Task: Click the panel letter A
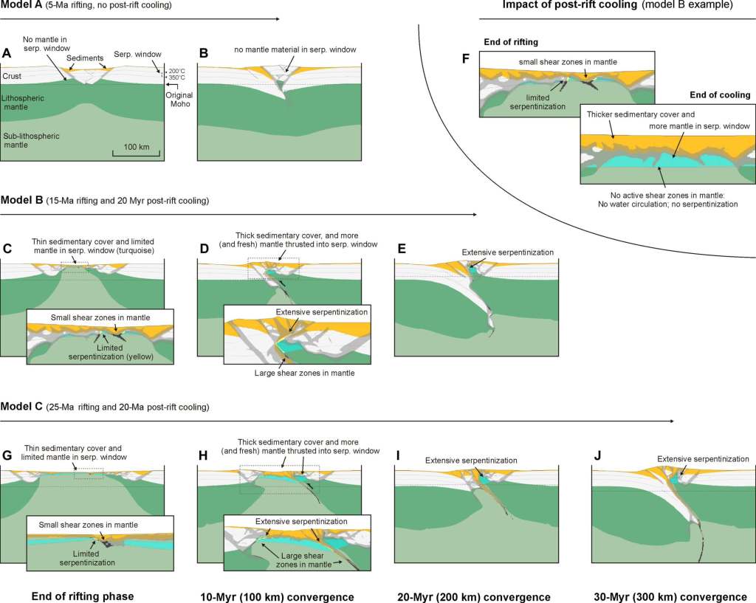[x=7, y=53]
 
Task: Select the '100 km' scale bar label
[x=133, y=147]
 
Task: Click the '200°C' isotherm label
[x=177, y=70]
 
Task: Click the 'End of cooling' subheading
[x=720, y=94]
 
